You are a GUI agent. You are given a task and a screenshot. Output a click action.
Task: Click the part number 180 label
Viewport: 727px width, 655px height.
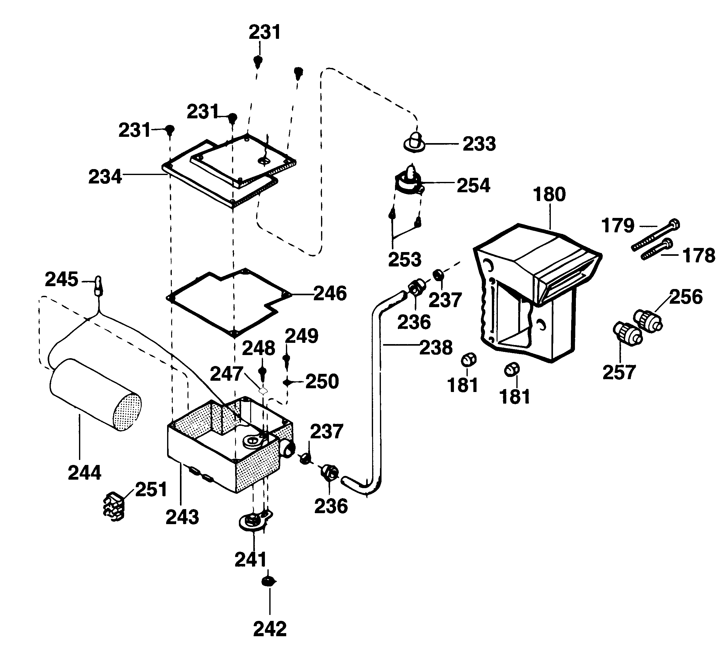549,194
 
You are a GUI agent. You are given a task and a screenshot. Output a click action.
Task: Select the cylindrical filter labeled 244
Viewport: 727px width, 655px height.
95,395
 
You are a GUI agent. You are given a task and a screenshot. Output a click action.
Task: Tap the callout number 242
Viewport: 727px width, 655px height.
270,629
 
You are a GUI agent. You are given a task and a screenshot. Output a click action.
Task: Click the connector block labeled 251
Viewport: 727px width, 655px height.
114,506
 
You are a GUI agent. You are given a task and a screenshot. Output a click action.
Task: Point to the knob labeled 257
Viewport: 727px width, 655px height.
627,334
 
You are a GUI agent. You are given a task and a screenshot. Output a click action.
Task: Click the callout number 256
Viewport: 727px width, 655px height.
686,297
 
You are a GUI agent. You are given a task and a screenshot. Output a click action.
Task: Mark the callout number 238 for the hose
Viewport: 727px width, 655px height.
436,348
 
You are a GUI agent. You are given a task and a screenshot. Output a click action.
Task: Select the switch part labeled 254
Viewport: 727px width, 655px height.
409,182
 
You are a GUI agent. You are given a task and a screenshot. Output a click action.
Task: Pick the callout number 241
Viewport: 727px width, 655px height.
251,559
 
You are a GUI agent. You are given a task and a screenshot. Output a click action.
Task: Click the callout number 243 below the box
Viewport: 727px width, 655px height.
182,517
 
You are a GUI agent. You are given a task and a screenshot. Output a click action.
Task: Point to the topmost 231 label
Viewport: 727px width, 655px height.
264,32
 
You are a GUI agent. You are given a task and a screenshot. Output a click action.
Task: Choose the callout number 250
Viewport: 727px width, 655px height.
322,381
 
